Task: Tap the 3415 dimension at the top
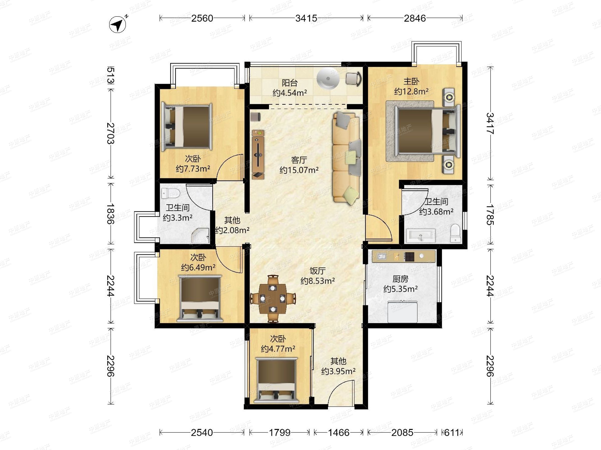tap(306, 18)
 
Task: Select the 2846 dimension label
tap(415, 18)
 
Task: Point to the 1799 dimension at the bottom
tap(279, 432)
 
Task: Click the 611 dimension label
tap(452, 432)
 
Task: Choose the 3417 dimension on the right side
tap(490, 123)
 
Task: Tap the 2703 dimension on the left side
tap(111, 133)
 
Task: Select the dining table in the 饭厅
tap(273, 299)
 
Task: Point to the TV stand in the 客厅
tap(258, 154)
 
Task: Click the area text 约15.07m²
tap(299, 170)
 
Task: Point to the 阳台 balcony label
tap(290, 82)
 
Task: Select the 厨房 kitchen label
tap(400, 279)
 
